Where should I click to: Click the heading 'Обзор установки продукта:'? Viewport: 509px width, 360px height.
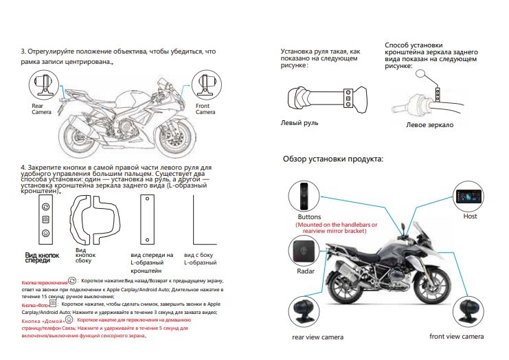pos(333,159)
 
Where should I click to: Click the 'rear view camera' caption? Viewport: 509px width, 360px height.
pos(317,337)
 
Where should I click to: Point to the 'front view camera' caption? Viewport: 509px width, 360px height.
pos(456,336)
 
